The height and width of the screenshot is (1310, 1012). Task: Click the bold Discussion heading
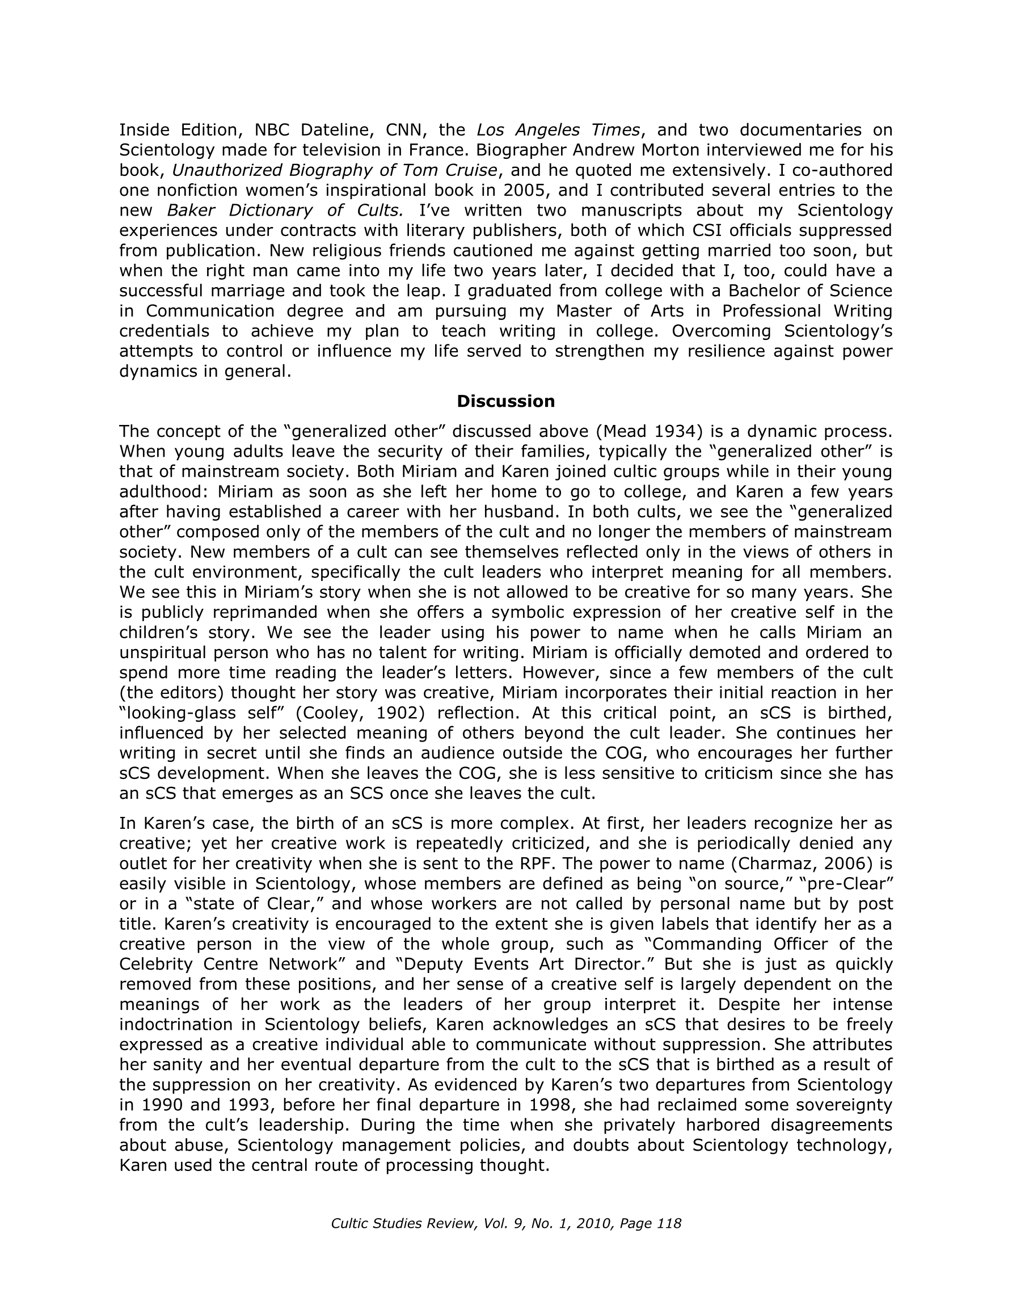pos(505,401)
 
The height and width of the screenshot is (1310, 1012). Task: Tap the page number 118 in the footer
pos(669,1223)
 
